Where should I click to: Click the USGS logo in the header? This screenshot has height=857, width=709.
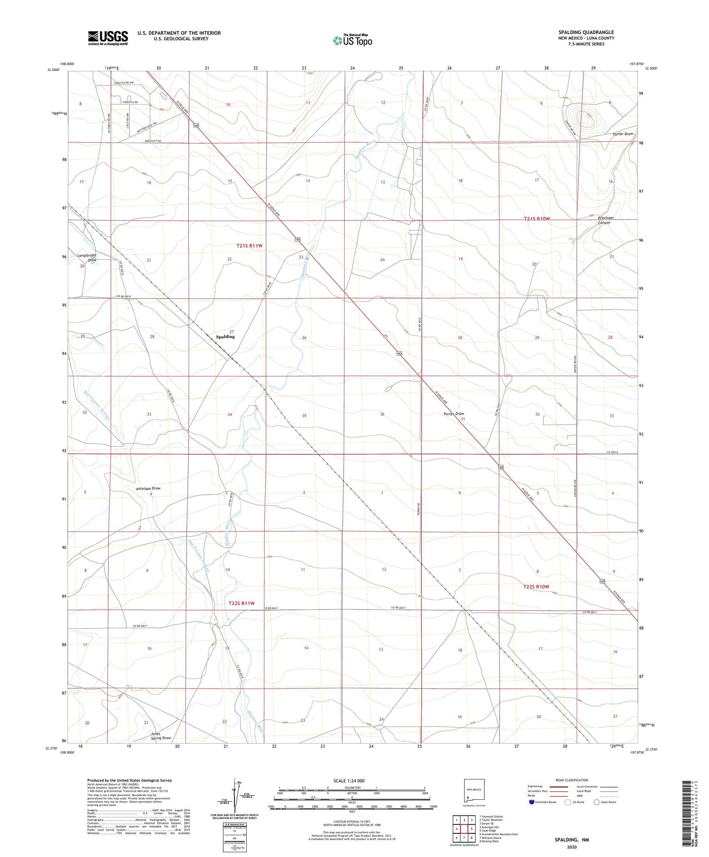click(108, 38)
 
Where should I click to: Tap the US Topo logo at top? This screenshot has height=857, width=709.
click(352, 40)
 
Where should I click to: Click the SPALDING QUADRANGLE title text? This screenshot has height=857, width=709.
click(586, 32)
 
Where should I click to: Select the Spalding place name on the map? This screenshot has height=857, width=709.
click(225, 337)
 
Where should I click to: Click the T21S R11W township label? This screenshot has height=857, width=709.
click(249, 246)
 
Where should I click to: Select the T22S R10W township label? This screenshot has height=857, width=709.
click(536, 587)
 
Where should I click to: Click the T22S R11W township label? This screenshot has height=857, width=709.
click(241, 603)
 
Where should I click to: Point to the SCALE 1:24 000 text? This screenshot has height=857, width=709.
click(349, 780)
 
